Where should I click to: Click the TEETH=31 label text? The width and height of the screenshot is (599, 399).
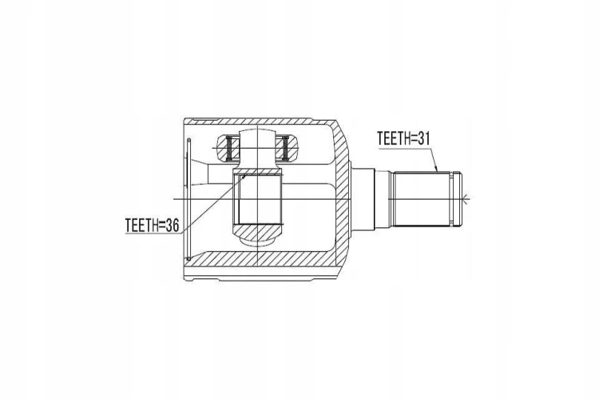pyautogui.click(x=403, y=138)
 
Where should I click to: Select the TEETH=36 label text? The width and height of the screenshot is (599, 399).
pyautogui.click(x=152, y=225)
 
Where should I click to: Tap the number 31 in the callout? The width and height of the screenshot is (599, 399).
pyautogui.click(x=423, y=138)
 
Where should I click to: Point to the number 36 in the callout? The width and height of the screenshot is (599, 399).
pyautogui.click(x=172, y=225)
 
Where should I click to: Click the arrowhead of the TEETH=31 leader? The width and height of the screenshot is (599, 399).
pyautogui.click(x=436, y=169)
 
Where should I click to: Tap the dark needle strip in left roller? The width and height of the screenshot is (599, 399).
pyautogui.click(x=229, y=148)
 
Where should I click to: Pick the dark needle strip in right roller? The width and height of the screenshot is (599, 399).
pyautogui.click(x=284, y=148)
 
